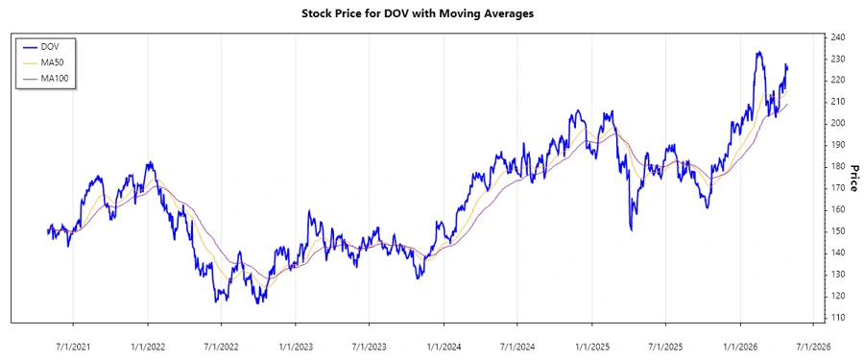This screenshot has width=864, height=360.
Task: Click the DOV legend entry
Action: (x=53, y=46)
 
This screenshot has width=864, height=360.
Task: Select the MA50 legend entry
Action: (x=56, y=61)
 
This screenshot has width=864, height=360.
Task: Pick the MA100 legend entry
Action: (x=58, y=77)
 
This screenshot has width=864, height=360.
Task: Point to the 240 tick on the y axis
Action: (x=837, y=37)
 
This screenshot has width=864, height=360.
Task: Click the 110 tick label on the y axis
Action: (x=837, y=318)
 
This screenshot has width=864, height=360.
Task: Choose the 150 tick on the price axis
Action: (x=837, y=231)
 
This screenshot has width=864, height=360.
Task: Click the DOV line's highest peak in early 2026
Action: (x=758, y=53)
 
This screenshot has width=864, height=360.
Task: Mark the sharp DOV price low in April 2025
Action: (x=631, y=229)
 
